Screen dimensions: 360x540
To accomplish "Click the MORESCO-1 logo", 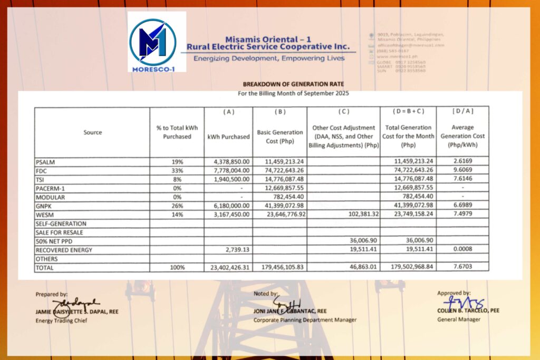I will tap(156, 42).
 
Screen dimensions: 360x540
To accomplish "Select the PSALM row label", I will tap(46, 162).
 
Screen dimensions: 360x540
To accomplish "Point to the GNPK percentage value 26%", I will tap(177, 206).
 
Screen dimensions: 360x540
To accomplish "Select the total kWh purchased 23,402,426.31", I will tap(228, 267).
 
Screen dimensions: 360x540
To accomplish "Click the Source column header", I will tap(92, 132).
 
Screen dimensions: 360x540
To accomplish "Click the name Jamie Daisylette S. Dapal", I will tap(77, 312).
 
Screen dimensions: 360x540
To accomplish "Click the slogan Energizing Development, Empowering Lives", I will tap(269, 59).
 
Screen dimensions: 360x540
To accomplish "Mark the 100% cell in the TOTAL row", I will tap(177, 267).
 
